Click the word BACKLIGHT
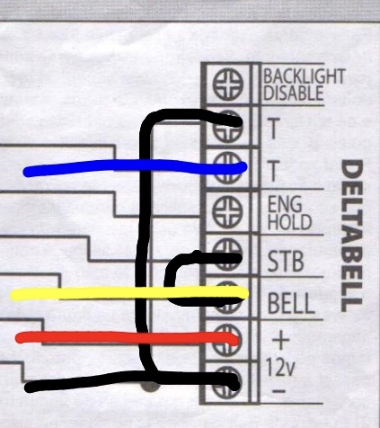point(304,76)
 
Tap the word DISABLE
point(294,93)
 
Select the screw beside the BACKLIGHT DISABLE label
point(228,85)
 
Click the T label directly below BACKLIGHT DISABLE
point(273,128)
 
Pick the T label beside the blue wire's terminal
point(273,171)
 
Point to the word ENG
point(285,204)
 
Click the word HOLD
point(289,222)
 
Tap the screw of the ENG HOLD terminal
point(227,211)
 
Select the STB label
point(286,262)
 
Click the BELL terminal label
point(291,303)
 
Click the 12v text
point(280,367)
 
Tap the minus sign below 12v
point(279,390)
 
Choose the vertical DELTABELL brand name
point(352,236)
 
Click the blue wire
point(135,166)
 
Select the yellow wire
point(128,293)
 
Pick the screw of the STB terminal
point(227,254)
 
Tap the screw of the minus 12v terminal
point(227,382)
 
